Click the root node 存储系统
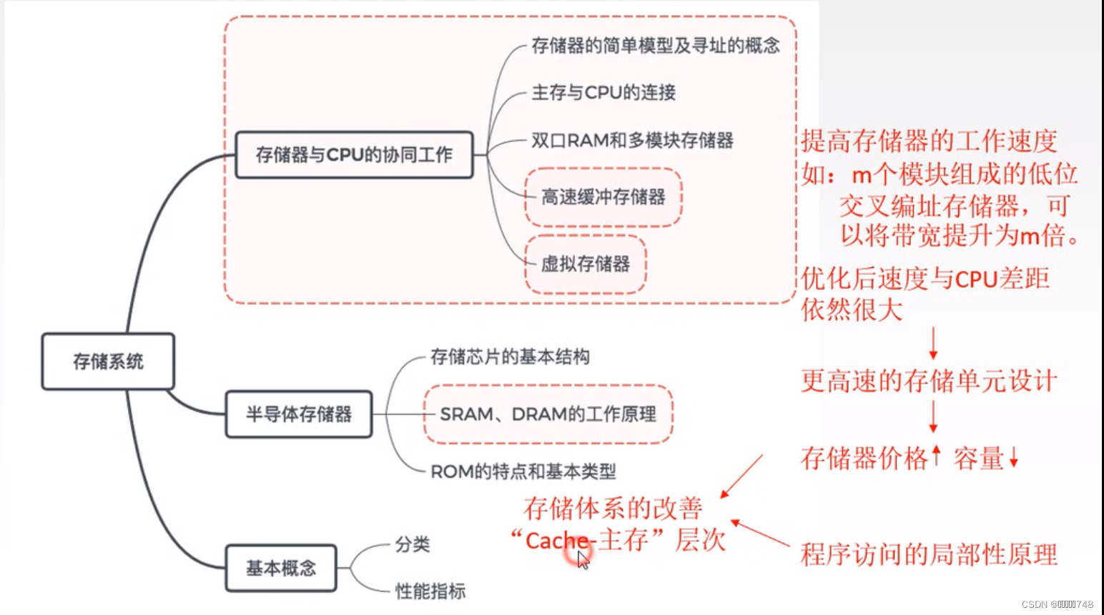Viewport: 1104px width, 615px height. [108, 361]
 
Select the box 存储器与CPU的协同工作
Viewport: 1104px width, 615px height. [354, 154]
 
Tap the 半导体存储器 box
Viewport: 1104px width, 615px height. [299, 414]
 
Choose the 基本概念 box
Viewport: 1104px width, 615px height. [281, 569]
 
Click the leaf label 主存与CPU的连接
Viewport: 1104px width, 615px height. [603, 92]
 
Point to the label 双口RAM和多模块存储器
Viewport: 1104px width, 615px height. [632, 140]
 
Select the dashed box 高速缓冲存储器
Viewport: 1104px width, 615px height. [603, 197]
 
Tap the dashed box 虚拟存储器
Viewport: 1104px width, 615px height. [586, 264]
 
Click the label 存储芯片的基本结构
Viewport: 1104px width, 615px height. [510, 356]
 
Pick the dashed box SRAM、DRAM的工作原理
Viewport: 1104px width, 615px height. [548, 414]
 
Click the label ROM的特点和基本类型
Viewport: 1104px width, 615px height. [523, 471]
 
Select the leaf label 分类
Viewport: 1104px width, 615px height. [413, 545]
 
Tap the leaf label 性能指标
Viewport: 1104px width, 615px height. [430, 591]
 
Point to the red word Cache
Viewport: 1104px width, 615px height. [556, 541]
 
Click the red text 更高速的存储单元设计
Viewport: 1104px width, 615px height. [928, 381]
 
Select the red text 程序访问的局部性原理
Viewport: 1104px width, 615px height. [928, 554]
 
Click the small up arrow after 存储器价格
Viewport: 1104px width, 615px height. [937, 455]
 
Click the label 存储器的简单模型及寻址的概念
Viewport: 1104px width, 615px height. [655, 46]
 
